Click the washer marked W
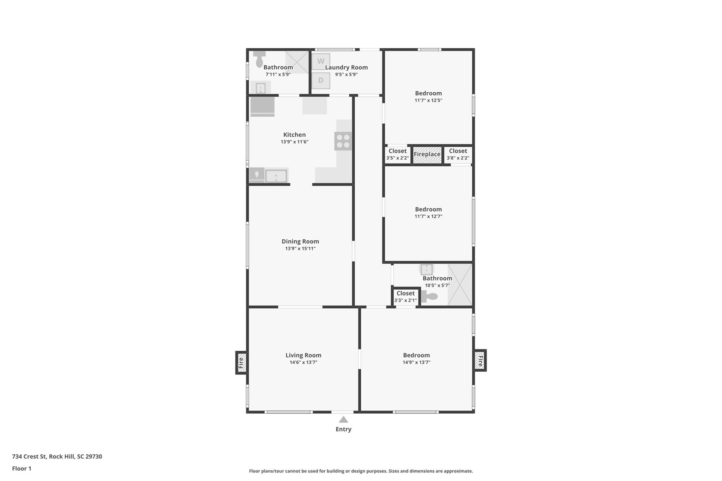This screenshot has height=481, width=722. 321,61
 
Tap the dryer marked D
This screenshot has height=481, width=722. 321,80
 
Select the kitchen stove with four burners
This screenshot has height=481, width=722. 343,141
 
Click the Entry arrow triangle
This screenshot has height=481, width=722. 343,420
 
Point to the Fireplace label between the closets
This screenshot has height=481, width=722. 427,154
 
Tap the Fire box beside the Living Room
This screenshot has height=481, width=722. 241,363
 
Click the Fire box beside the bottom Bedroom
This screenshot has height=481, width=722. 480,360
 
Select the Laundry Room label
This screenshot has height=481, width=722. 346,67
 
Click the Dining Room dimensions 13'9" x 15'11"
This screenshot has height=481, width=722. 300,248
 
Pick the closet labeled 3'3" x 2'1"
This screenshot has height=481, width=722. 405,297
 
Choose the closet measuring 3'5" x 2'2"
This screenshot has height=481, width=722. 397,154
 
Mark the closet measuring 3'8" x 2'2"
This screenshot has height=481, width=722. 458,154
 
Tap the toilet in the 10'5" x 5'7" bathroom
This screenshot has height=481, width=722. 430,297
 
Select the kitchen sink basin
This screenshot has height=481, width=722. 276,176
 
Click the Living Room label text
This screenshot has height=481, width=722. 303,355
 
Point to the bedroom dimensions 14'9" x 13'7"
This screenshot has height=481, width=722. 416,362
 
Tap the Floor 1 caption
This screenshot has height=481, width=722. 22,468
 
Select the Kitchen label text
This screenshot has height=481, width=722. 294,135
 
